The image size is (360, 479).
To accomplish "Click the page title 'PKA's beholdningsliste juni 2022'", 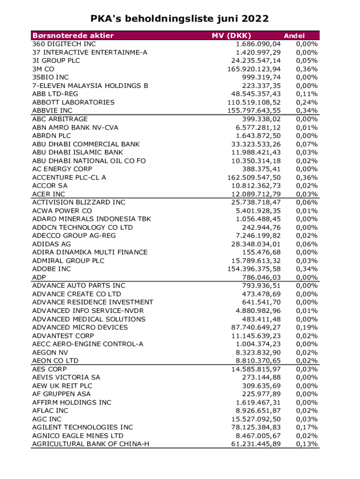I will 180,19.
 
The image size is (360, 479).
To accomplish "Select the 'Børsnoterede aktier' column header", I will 73,36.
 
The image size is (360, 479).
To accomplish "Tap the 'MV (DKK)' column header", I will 231,36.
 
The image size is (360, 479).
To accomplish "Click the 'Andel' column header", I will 295,36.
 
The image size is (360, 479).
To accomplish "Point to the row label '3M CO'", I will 43,69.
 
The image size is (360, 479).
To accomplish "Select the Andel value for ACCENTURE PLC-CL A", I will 308,177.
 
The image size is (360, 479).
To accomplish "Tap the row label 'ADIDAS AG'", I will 51,244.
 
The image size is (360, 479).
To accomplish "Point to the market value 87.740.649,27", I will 256,327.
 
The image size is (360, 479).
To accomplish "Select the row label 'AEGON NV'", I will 50,352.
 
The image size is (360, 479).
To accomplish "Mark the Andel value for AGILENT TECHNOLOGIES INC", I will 308,427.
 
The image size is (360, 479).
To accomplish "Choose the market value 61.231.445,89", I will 256,444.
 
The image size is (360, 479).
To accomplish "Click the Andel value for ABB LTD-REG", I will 308,94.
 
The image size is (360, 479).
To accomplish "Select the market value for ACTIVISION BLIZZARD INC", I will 256,202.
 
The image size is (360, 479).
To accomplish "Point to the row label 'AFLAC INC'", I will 50,411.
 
